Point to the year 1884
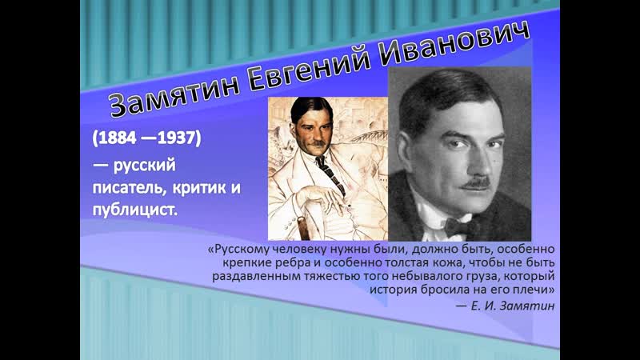pos(117,138)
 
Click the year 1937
pos(177,138)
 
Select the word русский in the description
pos(145,166)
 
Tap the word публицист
pos(135,210)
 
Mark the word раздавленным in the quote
pos(256,276)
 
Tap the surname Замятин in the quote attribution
pos(527,306)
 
